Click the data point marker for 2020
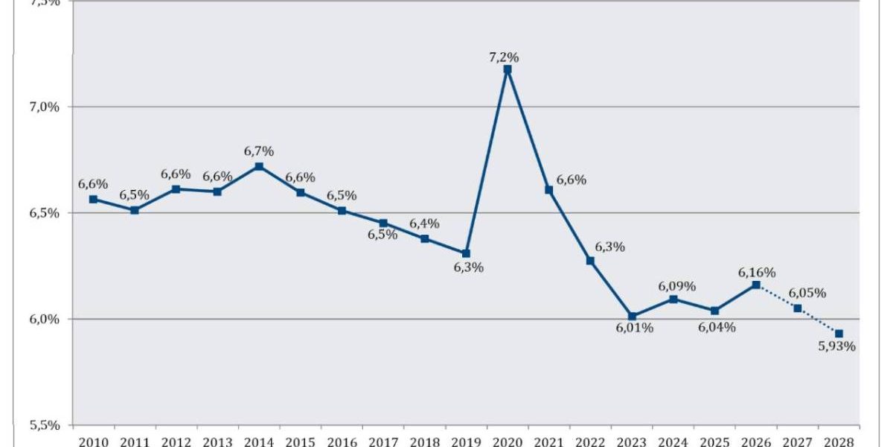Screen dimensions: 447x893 [x=508, y=69]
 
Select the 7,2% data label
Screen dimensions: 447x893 [x=504, y=57]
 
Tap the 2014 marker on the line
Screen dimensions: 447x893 [x=258, y=166]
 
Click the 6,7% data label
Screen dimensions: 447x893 [x=259, y=151]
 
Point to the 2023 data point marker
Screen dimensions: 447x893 [x=632, y=316]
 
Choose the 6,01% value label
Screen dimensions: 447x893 [x=634, y=329]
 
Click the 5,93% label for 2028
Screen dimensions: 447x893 [x=836, y=346]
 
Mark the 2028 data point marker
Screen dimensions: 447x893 [x=839, y=334]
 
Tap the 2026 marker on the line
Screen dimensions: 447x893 [x=756, y=285]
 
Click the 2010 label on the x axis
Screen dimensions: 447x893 [x=93, y=440]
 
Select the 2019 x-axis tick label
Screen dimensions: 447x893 [x=466, y=440]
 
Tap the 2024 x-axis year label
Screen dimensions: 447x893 [x=673, y=440]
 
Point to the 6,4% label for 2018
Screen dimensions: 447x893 [x=424, y=223]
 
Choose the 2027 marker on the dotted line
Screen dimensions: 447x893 [x=798, y=308]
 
